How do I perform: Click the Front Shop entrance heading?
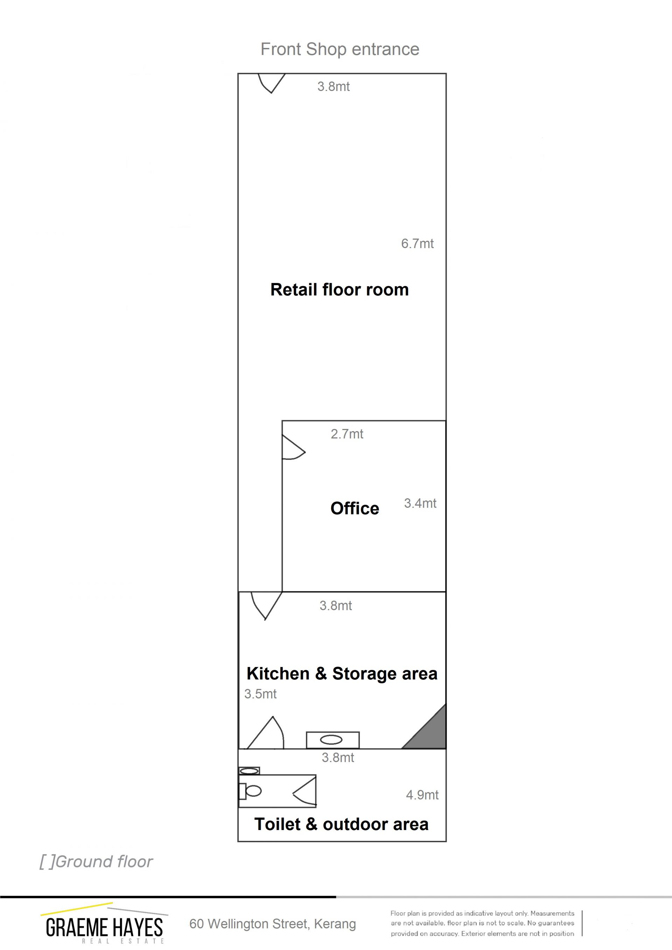pyautogui.click(x=340, y=49)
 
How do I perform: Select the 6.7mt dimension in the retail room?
pyautogui.click(x=417, y=243)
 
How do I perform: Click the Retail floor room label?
pyautogui.click(x=339, y=290)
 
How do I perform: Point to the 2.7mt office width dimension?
pyautogui.click(x=347, y=434)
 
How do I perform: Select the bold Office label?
pyautogui.click(x=355, y=508)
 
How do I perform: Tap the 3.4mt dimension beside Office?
pyautogui.click(x=420, y=503)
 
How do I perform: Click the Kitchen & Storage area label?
pyautogui.click(x=342, y=674)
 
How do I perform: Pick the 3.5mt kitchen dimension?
pyautogui.click(x=260, y=694)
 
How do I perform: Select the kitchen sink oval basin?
pyautogui.click(x=331, y=740)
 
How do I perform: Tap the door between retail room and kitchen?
pyautogui.click(x=266, y=605)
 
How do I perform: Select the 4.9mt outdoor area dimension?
pyautogui.click(x=422, y=795)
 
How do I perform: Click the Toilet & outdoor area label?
pyautogui.click(x=341, y=824)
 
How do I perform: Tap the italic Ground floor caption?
pyautogui.click(x=96, y=862)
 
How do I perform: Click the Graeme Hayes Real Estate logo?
pyautogui.click(x=104, y=923)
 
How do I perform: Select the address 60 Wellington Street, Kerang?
pyautogui.click(x=273, y=924)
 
